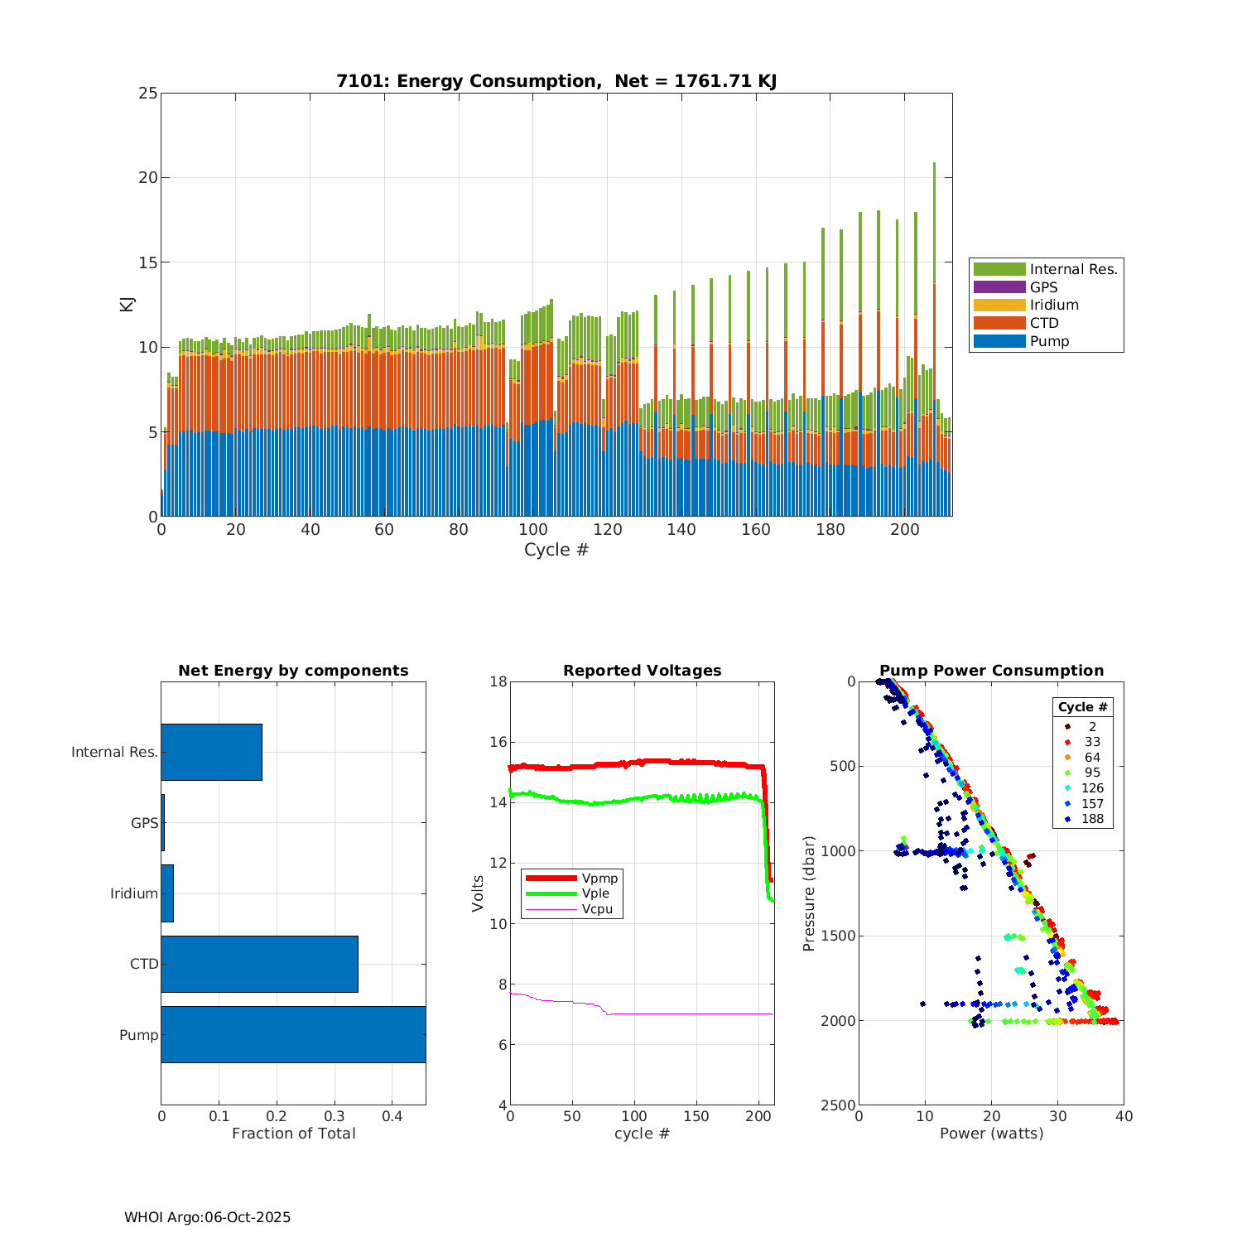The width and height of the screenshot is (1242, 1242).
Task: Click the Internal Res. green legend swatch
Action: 999,269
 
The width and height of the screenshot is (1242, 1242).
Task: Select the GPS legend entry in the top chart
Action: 1043,287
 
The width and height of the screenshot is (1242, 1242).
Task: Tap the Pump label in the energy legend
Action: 1049,341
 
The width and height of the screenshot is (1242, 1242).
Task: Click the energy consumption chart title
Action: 556,81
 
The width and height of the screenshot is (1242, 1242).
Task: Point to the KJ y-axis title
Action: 128,304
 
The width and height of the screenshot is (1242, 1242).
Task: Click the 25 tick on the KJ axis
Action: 148,93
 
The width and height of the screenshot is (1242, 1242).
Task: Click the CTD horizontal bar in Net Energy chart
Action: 259,964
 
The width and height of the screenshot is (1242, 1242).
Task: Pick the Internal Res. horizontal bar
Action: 211,752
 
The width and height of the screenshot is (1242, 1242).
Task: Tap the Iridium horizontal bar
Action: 167,893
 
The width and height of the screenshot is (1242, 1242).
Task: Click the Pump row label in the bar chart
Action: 138,1035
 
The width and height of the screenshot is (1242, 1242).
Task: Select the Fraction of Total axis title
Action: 293,1134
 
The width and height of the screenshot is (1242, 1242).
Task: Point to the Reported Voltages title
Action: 642,671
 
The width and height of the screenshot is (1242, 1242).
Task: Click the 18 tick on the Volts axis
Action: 498,681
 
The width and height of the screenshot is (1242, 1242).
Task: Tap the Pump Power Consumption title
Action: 991,671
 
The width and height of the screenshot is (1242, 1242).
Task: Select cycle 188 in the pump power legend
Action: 1092,819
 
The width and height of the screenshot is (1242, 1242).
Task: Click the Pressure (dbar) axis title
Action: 809,893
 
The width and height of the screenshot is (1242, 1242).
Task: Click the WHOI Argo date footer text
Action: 207,1217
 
